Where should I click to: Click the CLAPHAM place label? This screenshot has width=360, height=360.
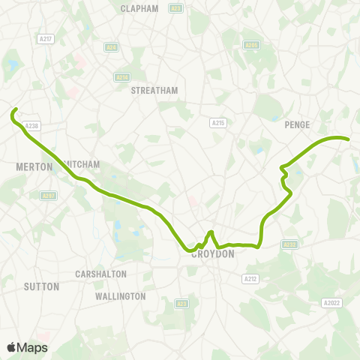(x=139, y=9)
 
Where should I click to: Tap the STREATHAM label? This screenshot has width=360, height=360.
(x=154, y=90)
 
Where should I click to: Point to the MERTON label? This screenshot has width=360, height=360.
(x=34, y=166)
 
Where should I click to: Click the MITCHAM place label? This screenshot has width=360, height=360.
(x=83, y=163)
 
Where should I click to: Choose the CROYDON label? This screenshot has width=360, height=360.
(x=214, y=254)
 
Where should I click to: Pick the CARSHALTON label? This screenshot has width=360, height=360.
(x=101, y=274)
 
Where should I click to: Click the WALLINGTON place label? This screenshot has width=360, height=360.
(x=121, y=296)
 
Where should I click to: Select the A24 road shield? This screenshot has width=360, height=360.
(x=112, y=46)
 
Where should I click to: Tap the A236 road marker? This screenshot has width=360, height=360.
(x=121, y=76)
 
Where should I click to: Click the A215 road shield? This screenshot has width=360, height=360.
(x=218, y=122)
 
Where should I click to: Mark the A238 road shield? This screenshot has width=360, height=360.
(x=31, y=126)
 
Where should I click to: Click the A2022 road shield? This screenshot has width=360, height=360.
(x=332, y=302)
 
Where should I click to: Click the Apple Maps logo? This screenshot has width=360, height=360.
(x=27, y=347)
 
